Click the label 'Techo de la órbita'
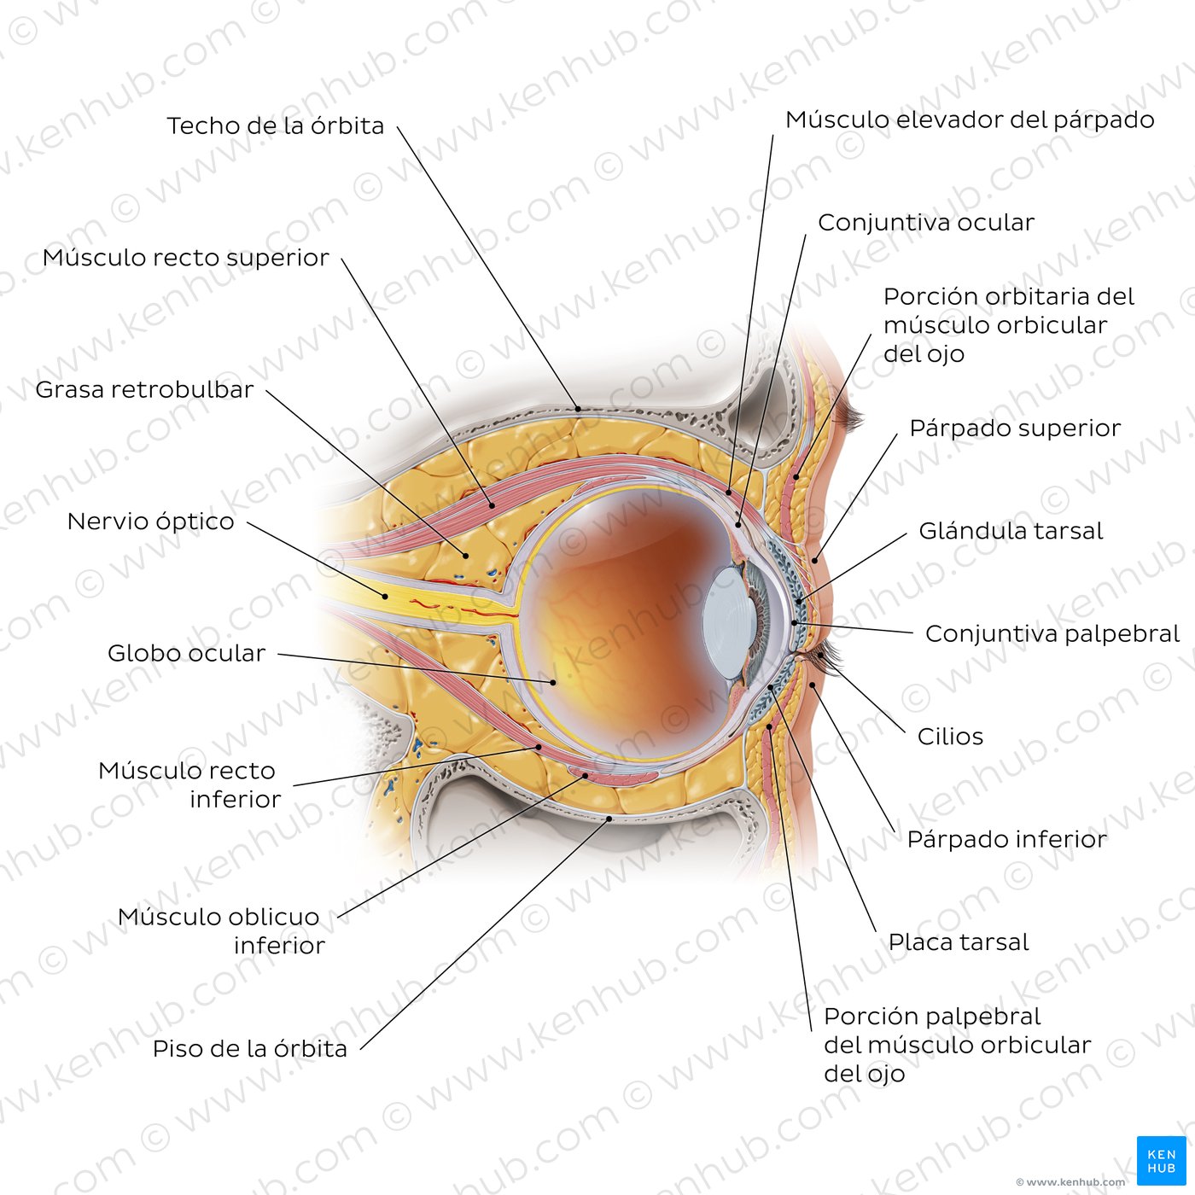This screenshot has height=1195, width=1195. (x=276, y=125)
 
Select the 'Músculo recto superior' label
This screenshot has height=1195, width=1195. (x=185, y=258)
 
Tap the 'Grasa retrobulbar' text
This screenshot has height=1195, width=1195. (x=144, y=389)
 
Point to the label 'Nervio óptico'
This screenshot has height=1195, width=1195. (x=151, y=522)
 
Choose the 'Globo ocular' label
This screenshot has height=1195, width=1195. (x=186, y=653)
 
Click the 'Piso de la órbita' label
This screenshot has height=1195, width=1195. (x=250, y=1049)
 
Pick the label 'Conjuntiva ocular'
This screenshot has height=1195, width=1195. (x=926, y=223)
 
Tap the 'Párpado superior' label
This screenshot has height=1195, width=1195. (x=1015, y=428)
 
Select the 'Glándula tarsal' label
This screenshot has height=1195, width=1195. (x=1011, y=531)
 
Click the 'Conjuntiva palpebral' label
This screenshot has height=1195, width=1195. (x=1052, y=634)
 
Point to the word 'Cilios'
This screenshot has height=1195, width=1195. (x=950, y=737)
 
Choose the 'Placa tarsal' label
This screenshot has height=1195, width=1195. (x=959, y=942)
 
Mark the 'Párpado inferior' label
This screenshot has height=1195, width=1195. (x=1007, y=840)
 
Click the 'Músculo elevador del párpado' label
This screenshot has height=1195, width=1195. (x=970, y=119)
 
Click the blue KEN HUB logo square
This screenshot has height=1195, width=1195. (x=1161, y=1161)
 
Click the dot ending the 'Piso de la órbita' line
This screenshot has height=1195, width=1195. (x=609, y=819)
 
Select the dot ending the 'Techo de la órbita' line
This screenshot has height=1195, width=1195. (x=578, y=410)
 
